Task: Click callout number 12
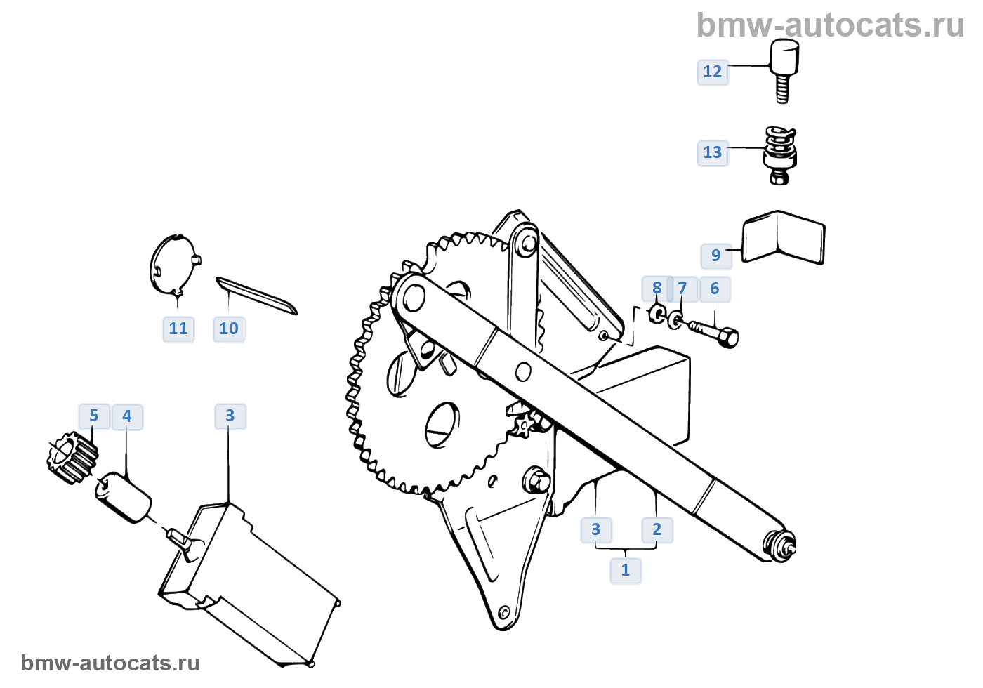click(x=712, y=72)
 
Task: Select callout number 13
click(x=712, y=153)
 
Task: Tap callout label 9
click(x=715, y=256)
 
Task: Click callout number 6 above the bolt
click(x=715, y=289)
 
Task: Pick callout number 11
click(x=178, y=329)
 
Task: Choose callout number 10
click(x=229, y=329)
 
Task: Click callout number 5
click(x=94, y=416)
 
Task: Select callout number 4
click(x=127, y=416)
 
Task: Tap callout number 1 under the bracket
click(x=626, y=570)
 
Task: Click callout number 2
click(x=657, y=529)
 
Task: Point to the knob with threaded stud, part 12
click(x=784, y=70)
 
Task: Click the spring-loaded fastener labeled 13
click(x=780, y=155)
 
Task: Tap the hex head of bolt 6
click(x=728, y=338)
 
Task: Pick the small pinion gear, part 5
click(x=72, y=458)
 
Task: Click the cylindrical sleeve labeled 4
click(x=123, y=497)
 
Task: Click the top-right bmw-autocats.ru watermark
click(x=830, y=25)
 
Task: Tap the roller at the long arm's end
click(x=781, y=546)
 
